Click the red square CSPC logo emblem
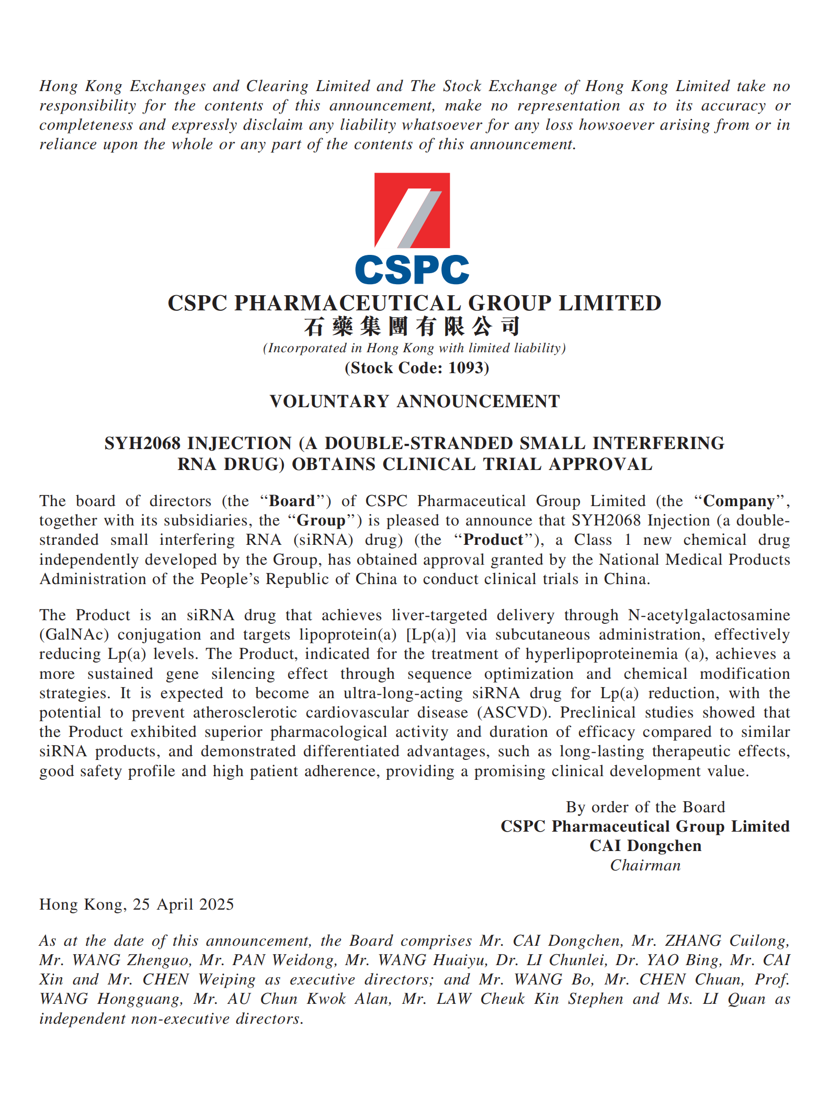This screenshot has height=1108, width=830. [412, 210]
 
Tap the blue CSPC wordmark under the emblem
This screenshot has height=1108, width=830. [412, 270]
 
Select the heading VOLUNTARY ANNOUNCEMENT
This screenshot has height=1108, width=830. [415, 401]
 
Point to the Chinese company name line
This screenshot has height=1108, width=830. [412, 327]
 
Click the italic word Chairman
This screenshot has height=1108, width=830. [645, 866]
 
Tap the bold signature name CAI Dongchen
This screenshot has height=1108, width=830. [645, 846]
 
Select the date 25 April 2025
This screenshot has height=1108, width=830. [183, 904]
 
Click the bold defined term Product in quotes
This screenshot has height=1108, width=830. [493, 540]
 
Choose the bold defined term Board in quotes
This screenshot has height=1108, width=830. [292, 501]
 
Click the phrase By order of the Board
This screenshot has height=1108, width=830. [645, 807]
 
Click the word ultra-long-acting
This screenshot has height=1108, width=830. [403, 693]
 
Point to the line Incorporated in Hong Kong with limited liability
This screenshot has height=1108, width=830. [414, 349]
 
